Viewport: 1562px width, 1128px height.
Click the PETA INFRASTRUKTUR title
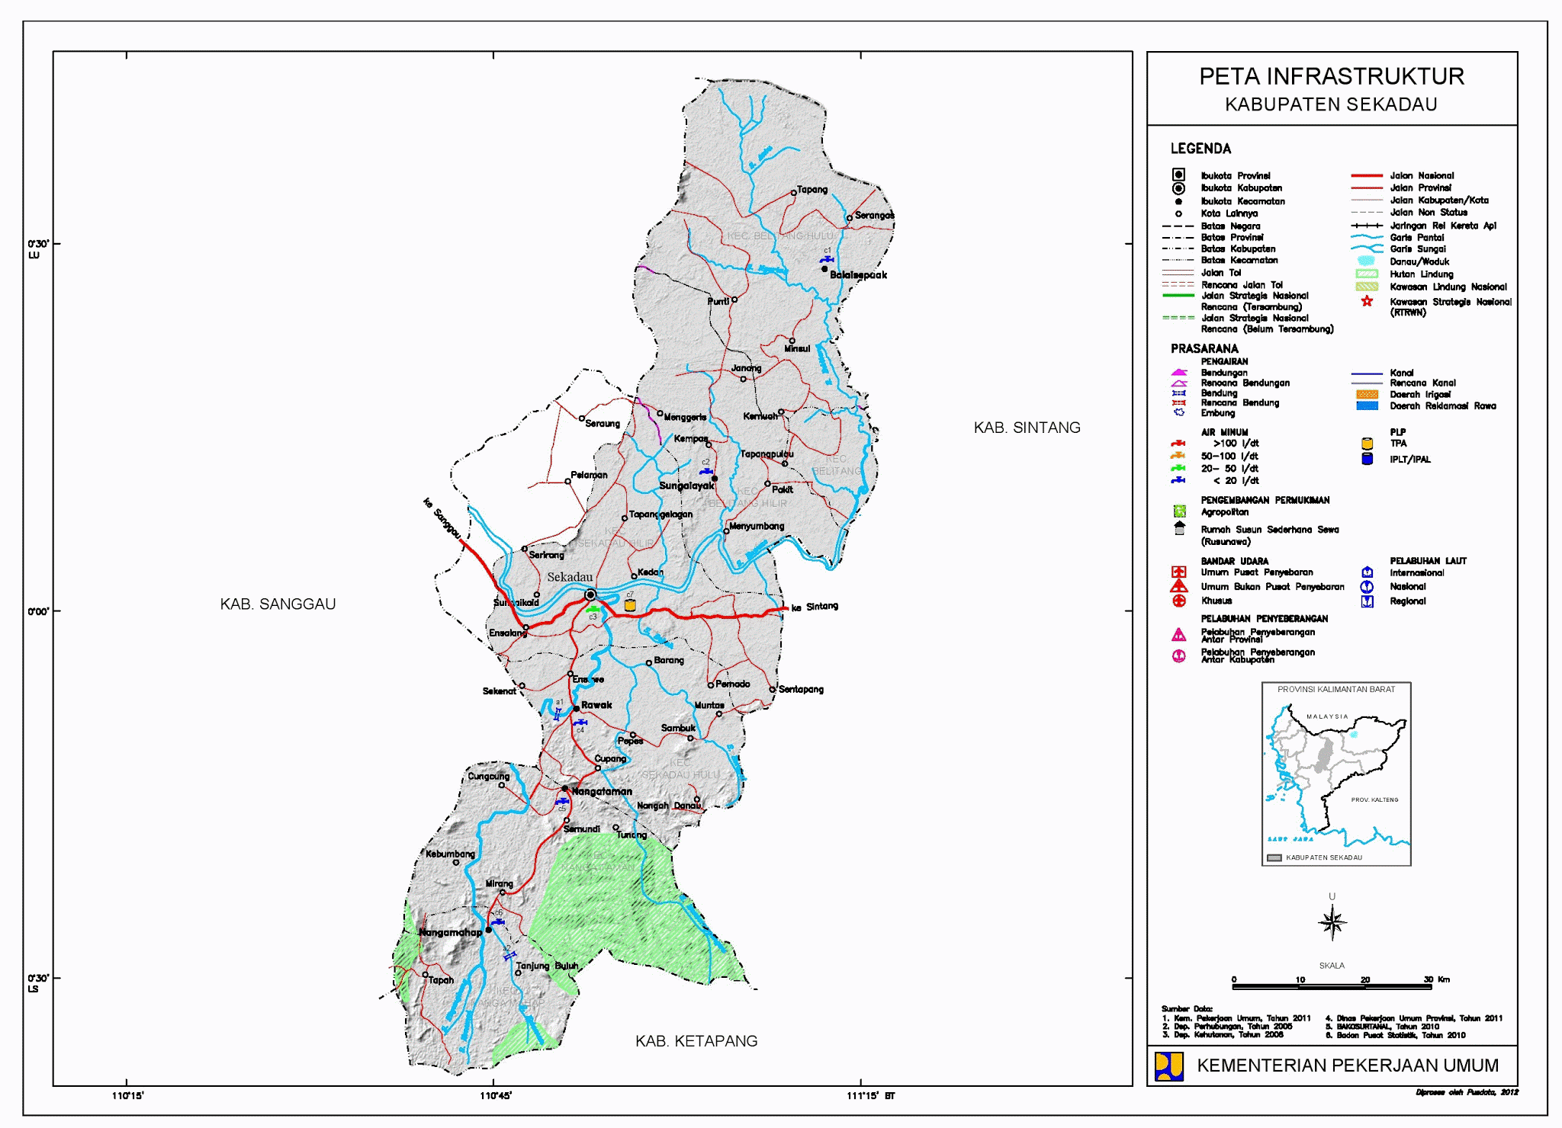tap(1332, 76)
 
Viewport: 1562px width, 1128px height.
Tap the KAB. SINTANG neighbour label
tap(1027, 428)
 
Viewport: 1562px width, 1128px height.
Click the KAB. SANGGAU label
tap(278, 604)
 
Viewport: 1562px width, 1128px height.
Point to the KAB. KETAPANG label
tap(696, 1040)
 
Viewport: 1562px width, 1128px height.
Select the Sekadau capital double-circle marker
tap(590, 594)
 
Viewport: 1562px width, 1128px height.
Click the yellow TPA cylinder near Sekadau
tap(630, 605)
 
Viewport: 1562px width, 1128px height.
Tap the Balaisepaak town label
tap(858, 275)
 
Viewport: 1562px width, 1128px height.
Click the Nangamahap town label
tap(450, 932)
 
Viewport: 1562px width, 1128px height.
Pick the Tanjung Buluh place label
tap(547, 966)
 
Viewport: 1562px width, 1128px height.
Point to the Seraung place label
tap(602, 423)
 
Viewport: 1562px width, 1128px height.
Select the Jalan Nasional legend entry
tap(1422, 175)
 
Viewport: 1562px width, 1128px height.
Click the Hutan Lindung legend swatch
tap(1367, 274)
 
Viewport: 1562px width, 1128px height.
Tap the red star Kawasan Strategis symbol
tap(1367, 301)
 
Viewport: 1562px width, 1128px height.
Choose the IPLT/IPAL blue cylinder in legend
tap(1367, 459)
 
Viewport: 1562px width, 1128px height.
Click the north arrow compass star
tap(1332, 923)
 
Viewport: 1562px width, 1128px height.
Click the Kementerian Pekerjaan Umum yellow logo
tap(1168, 1066)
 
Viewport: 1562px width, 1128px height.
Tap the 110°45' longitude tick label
tap(495, 1096)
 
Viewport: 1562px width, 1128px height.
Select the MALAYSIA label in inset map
tap(1327, 716)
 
